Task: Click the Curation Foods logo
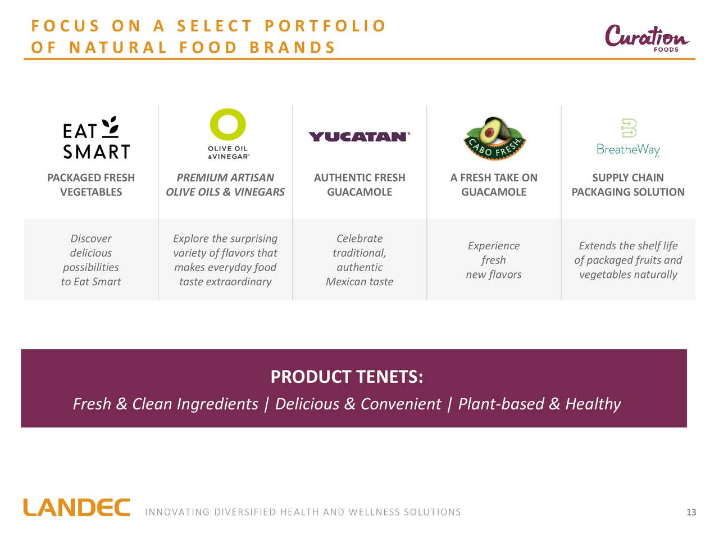[x=647, y=38]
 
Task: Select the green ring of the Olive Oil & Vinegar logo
[x=227, y=124]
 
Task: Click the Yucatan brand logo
[x=359, y=137]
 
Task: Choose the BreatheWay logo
[x=628, y=138]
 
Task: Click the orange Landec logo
[x=76, y=507]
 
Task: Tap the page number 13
[x=691, y=512]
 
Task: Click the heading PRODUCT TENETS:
[x=347, y=377]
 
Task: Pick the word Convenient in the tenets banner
[x=401, y=404]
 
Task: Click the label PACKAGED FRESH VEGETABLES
[x=91, y=185]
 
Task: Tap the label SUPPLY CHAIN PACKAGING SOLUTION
[x=628, y=185]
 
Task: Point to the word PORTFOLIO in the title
[x=325, y=26]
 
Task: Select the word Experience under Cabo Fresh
[x=494, y=246]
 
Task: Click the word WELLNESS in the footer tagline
[x=374, y=512]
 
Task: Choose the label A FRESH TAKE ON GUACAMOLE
[x=494, y=185]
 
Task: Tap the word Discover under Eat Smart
[x=91, y=239]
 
